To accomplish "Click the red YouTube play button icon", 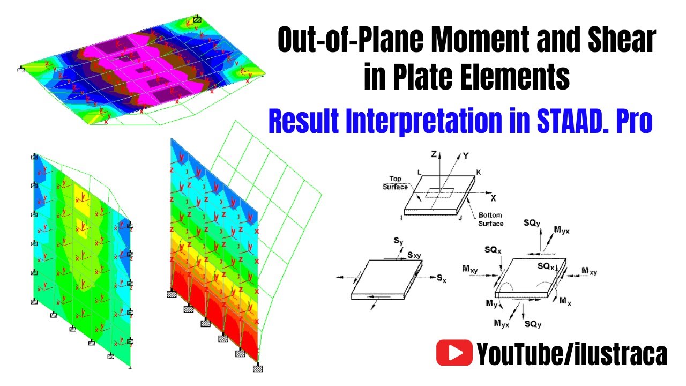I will tap(454, 353).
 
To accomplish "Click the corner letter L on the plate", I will tap(418, 172).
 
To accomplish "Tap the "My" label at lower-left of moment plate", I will tap(491, 303).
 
